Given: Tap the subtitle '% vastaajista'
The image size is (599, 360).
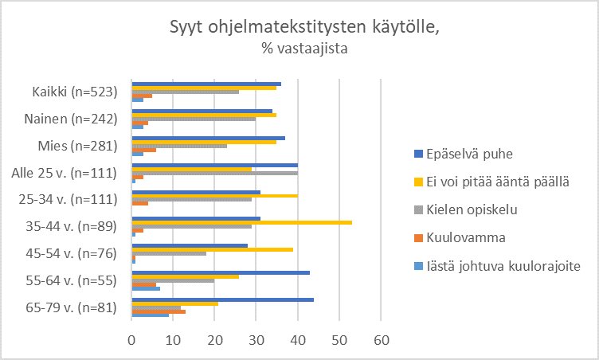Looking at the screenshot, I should pos(304,49).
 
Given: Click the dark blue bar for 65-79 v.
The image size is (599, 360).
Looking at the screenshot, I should pos(223,299).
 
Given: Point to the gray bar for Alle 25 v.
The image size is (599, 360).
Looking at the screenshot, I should pos(215,173).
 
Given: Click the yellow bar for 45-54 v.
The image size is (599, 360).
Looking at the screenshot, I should pos(213,249).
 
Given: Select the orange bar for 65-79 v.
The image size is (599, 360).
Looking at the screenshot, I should pos(159,311).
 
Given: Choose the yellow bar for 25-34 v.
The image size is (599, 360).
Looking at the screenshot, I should pos(215,195).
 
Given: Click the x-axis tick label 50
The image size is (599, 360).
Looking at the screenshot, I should pos(339,339).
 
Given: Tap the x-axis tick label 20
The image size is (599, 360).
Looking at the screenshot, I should pos(215,339).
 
